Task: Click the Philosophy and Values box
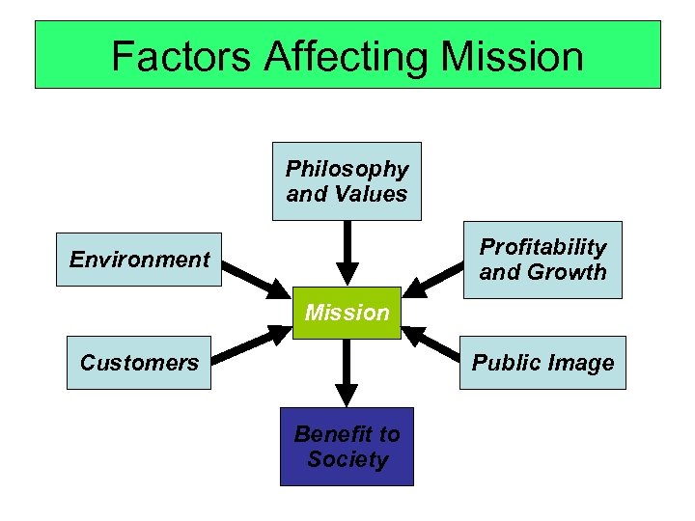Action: click(347, 181)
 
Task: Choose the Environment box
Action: click(139, 260)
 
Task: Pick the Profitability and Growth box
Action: click(542, 260)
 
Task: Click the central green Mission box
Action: click(347, 313)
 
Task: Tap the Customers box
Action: click(138, 363)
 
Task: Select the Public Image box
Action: click(542, 363)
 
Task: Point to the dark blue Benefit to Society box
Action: click(347, 447)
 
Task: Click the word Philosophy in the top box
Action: click(347, 169)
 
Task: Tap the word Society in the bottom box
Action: click(347, 459)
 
